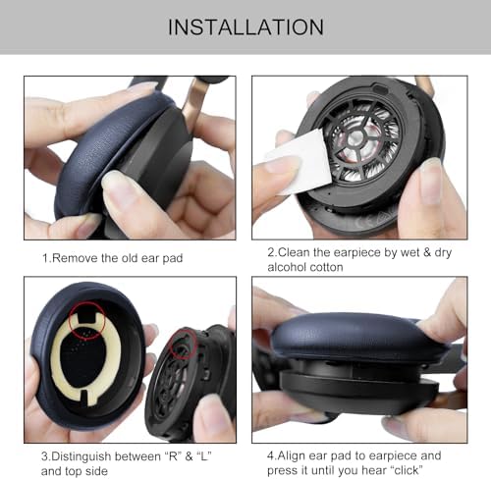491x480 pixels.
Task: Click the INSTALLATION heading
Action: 245,27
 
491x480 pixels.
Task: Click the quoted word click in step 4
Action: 407,470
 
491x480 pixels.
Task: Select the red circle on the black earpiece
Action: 183,345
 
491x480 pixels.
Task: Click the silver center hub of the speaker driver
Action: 355,138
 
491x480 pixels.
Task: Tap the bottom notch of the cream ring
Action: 83,395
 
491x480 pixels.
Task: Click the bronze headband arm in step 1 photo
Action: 192,98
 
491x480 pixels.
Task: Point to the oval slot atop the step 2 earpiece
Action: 381,88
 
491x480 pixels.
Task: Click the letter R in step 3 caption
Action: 169,456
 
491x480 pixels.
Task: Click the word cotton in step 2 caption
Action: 326,267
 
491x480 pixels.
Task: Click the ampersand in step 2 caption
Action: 426,252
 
